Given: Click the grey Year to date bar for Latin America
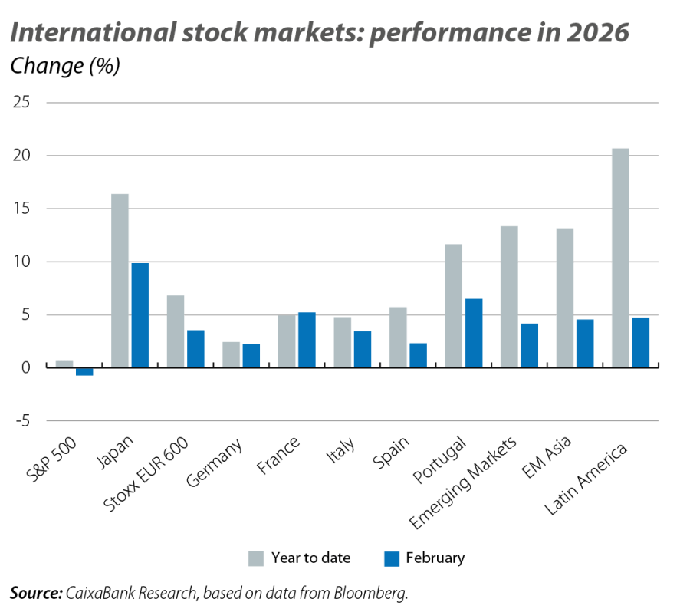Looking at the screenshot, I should click(620, 257).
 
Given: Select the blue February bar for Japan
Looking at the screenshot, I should click(140, 315).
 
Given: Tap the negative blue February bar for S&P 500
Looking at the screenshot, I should click(84, 371).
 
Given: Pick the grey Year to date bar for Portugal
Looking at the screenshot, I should click(454, 305).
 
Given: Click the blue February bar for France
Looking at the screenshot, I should click(306, 340).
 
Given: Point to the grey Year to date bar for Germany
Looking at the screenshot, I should click(232, 354).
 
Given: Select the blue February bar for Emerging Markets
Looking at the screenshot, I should click(529, 345).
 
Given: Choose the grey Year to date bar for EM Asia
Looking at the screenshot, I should click(565, 298).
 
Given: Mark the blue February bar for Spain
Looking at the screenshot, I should click(418, 354).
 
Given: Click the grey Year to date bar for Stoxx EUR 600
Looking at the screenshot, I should click(176, 331).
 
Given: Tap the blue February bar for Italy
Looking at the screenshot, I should click(362, 349).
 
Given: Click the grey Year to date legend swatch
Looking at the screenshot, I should click(256, 558).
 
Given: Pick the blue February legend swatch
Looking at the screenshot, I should click(391, 558).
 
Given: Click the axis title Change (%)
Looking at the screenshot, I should click(65, 67).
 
